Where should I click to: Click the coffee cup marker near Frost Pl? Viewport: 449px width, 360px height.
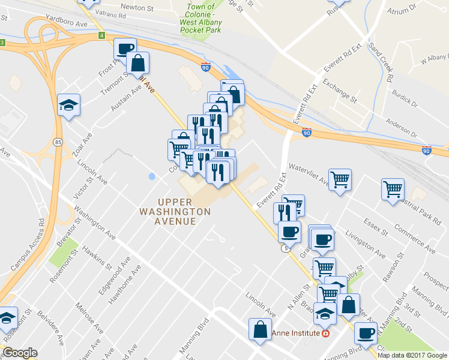pyautogui.click(x=125, y=49)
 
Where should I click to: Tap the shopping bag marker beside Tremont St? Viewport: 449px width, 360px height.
pyautogui.click(x=138, y=62)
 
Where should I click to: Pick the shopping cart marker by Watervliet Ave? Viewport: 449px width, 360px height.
pyautogui.click(x=340, y=179)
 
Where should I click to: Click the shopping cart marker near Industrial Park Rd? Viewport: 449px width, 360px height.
pyautogui.click(x=393, y=190)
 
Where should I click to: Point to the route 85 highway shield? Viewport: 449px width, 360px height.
pyautogui.click(x=57, y=142)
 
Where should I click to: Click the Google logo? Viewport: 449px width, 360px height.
pyautogui.click(x=20, y=353)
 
